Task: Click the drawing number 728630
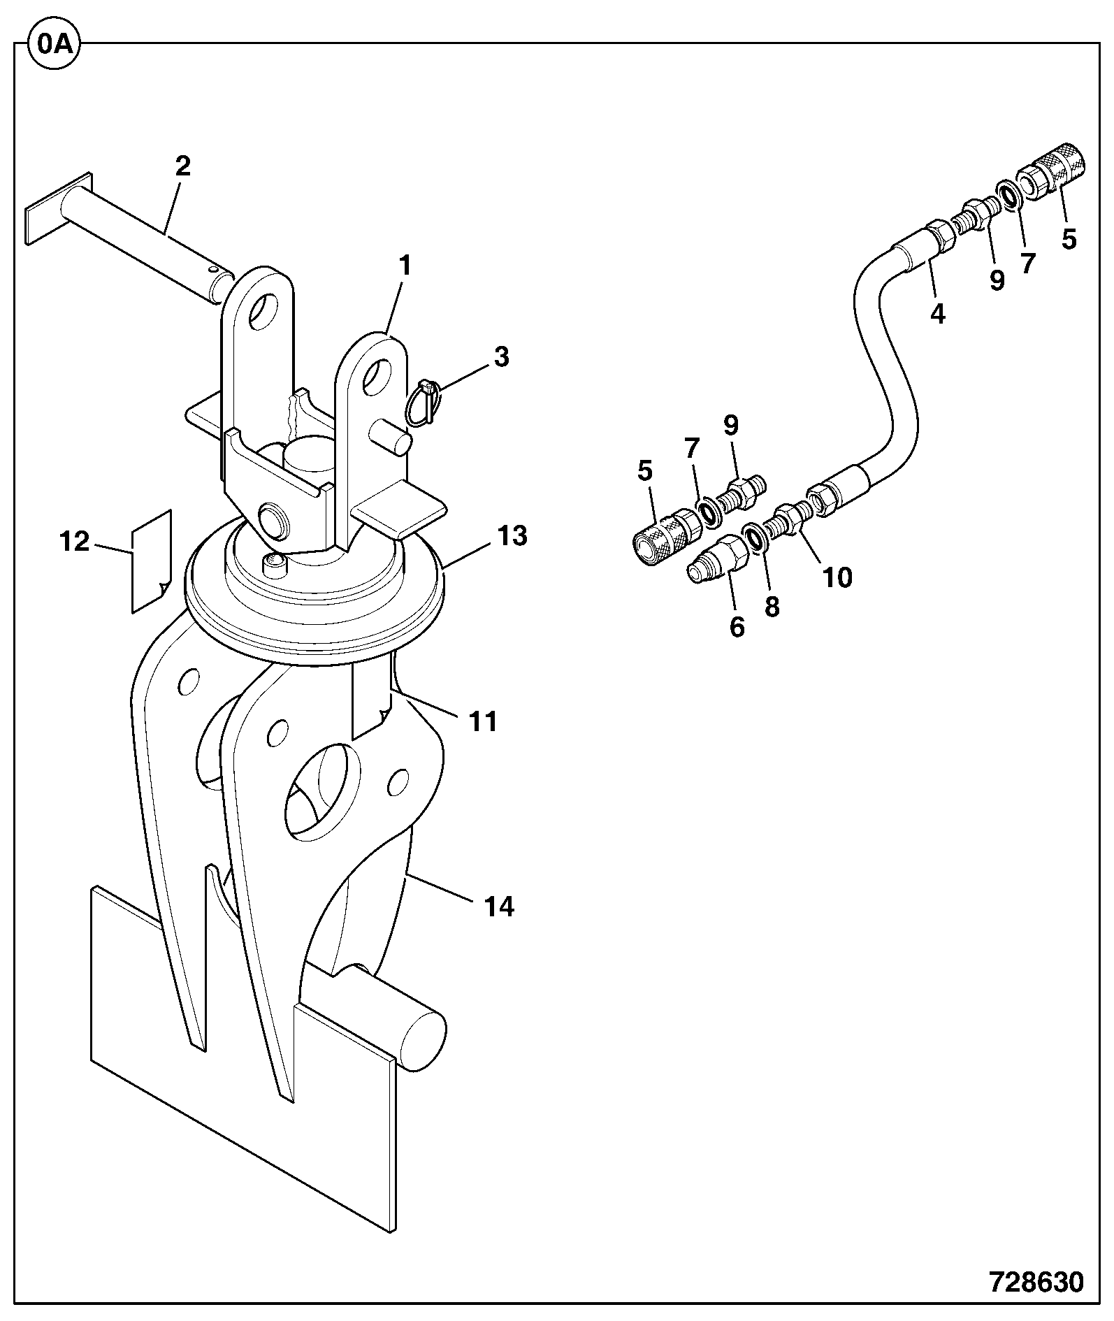(1036, 1282)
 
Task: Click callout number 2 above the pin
(182, 166)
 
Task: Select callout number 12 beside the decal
(75, 542)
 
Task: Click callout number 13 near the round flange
(512, 537)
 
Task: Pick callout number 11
(483, 721)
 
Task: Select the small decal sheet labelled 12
(151, 561)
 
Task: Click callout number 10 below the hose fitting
(837, 579)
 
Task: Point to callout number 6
(737, 627)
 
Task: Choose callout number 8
(772, 606)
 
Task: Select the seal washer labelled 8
(754, 536)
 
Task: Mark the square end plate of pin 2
(59, 208)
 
